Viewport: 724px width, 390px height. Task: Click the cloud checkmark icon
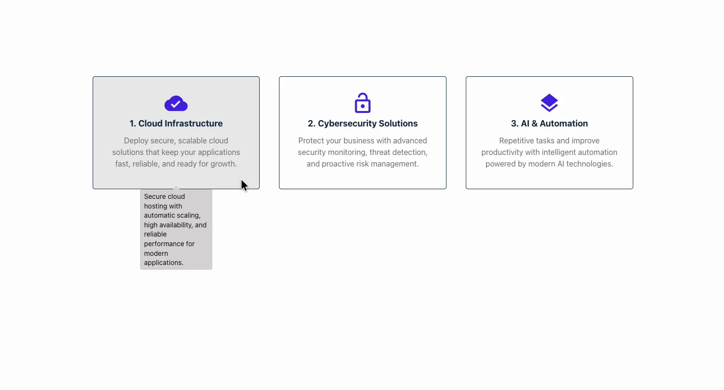point(176,103)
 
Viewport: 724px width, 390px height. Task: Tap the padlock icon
point(362,103)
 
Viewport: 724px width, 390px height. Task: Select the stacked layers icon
point(549,103)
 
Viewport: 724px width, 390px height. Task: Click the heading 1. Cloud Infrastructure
point(176,124)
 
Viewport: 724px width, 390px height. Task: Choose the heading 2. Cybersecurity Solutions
point(362,124)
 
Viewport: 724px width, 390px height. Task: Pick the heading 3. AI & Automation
point(549,124)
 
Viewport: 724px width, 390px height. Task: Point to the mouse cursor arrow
point(244,185)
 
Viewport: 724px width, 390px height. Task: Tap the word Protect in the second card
point(310,141)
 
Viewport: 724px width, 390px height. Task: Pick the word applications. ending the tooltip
point(164,263)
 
